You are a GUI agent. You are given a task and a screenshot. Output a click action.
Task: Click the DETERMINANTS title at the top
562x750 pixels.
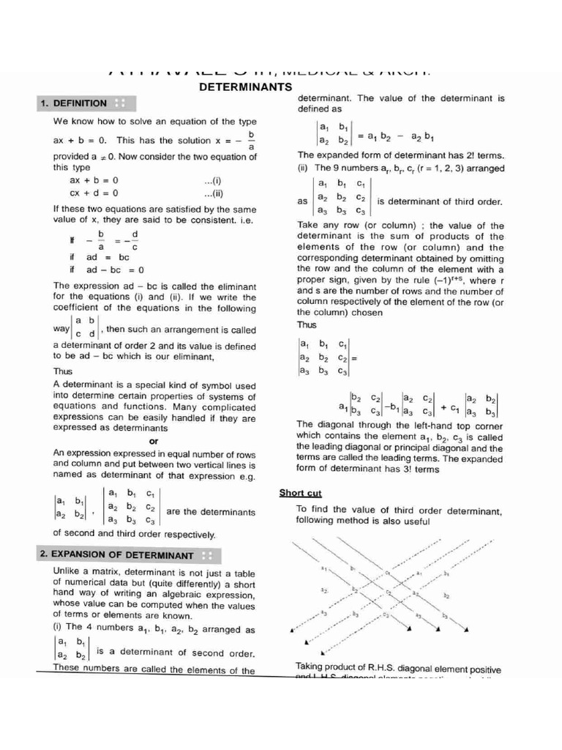point(241,87)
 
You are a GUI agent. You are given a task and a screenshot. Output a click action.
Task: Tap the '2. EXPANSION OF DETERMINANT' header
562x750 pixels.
point(116,555)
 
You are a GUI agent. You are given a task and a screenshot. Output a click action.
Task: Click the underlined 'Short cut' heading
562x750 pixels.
point(299,493)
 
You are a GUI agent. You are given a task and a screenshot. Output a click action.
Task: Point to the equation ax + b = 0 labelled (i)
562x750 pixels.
point(94,180)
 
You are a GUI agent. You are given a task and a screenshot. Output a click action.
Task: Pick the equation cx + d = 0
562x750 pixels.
point(94,193)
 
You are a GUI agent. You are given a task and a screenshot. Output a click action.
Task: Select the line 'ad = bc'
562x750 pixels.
point(107,258)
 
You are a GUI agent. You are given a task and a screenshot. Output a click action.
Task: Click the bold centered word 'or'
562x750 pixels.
point(154,442)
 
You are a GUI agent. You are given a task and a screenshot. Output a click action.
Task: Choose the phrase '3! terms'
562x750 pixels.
point(414,469)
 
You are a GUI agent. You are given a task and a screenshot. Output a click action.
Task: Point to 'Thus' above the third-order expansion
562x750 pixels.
point(307,324)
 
